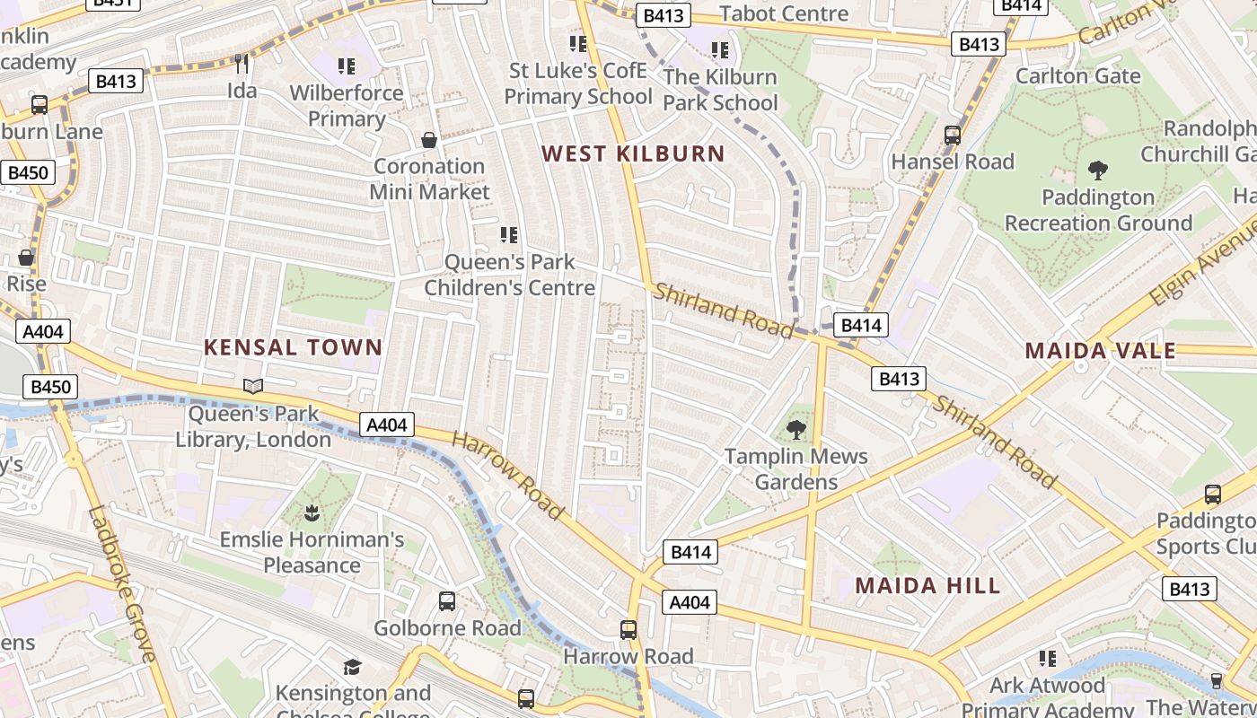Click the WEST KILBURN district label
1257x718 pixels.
pos(633,153)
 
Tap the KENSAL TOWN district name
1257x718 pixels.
pos(293,347)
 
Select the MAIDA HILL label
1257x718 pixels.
pos(927,586)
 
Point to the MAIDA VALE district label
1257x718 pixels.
pos(1100,350)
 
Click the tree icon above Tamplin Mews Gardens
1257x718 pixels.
pos(796,430)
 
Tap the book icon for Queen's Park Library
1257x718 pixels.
pos(253,387)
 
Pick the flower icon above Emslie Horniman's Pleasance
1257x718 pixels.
pos(312,513)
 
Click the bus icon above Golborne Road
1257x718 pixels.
pos(447,601)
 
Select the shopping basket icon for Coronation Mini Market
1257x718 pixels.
pos(429,140)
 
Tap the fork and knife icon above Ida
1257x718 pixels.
pos(241,64)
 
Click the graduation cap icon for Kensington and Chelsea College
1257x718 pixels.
pos(352,667)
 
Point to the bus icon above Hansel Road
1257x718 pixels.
pos(953,136)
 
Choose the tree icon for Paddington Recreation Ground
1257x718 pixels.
pos(1097,171)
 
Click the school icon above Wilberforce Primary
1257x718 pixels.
pos(347,66)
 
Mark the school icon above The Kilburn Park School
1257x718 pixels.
pos(720,50)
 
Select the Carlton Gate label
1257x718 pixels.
pos(1077,75)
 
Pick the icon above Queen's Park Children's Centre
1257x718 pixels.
pos(509,235)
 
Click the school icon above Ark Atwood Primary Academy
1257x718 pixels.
pos(1047,659)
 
